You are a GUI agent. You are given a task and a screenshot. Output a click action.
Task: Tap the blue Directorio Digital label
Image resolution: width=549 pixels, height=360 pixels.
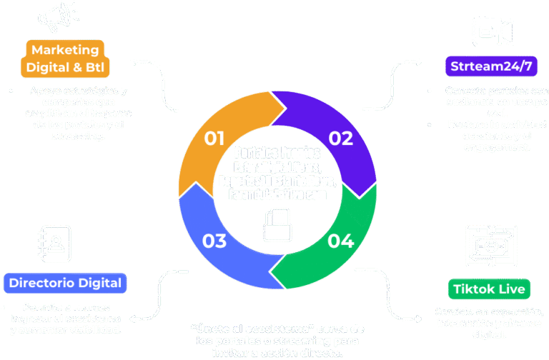pyautogui.click(x=65, y=283)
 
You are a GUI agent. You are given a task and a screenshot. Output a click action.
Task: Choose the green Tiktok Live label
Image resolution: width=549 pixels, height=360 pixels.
pyautogui.click(x=490, y=289)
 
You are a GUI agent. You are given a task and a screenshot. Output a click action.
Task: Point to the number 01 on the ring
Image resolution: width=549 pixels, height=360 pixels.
pyautogui.click(x=214, y=137)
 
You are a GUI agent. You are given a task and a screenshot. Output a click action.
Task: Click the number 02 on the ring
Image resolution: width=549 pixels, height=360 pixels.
pyautogui.click(x=340, y=137)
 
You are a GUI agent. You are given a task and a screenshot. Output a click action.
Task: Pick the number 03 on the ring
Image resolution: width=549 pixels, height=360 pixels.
pyautogui.click(x=214, y=241)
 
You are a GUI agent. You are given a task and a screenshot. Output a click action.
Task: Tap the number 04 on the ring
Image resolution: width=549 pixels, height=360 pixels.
pyautogui.click(x=341, y=241)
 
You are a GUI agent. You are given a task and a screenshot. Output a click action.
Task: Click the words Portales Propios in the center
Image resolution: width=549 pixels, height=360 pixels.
pyautogui.click(x=277, y=154)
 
